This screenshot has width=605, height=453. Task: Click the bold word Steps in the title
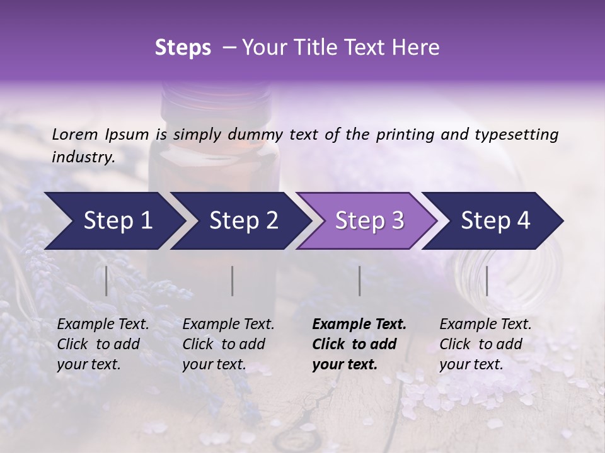183,48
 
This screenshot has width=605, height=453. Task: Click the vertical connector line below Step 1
107,281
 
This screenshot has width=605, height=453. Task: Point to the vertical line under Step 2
233,281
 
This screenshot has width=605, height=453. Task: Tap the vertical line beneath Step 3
359,281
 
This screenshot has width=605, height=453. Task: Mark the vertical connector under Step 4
487,281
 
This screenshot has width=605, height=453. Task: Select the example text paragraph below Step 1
103,344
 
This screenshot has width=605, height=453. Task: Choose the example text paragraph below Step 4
485,344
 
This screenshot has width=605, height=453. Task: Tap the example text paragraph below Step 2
228,344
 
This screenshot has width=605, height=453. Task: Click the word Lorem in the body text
75,135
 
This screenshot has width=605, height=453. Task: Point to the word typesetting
521,135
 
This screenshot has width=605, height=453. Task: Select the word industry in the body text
82,157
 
